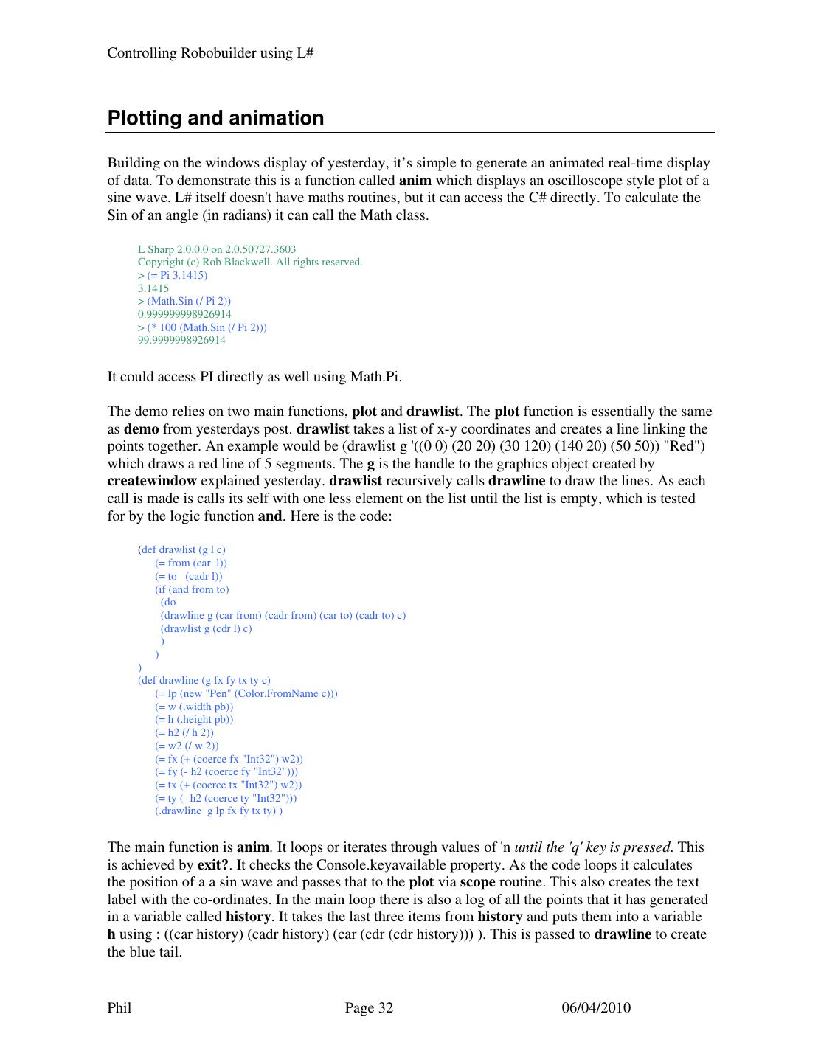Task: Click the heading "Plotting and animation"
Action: tap(215, 118)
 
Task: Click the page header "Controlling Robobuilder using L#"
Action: tap(211, 53)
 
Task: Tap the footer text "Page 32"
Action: tap(369, 1008)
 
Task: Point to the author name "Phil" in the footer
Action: tap(119, 1008)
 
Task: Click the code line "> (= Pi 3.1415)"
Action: tap(173, 275)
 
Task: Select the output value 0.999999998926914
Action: tap(184, 314)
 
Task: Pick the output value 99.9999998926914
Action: tap(181, 340)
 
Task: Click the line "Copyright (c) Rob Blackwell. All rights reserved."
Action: tap(250, 262)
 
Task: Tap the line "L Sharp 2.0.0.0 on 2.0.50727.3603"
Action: tap(217, 249)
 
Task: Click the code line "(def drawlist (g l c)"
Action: tap(182, 549)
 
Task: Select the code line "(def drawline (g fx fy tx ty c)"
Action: tap(204, 680)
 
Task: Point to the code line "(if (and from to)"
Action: tap(192, 589)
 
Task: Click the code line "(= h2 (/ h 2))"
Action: tap(184, 732)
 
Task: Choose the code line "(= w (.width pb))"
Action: tap(194, 707)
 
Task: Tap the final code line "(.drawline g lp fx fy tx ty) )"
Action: tap(218, 811)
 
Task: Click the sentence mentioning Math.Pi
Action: tap(254, 377)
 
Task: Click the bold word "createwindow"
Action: tap(152, 481)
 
